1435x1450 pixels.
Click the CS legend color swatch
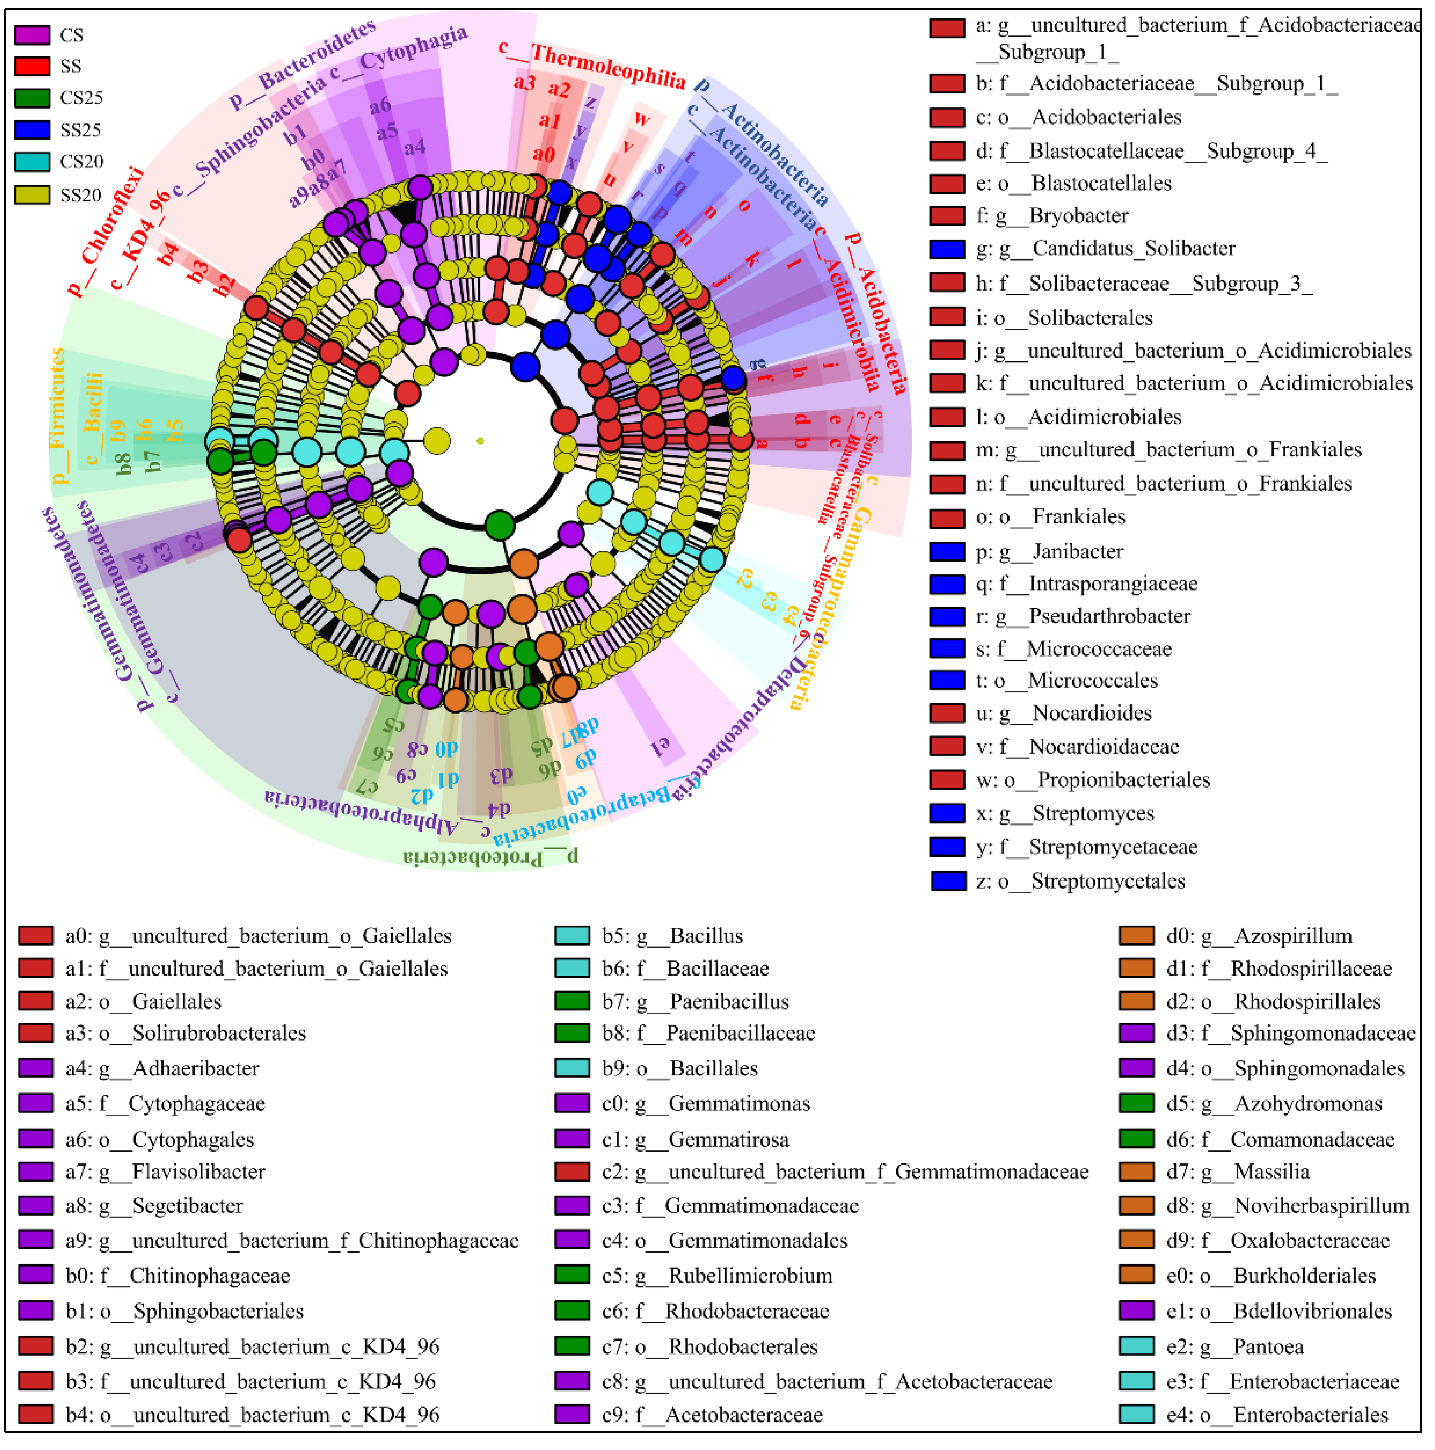coord(32,35)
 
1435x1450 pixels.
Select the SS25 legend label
coord(80,130)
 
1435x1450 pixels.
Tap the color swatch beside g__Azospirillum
coord(1136,936)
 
